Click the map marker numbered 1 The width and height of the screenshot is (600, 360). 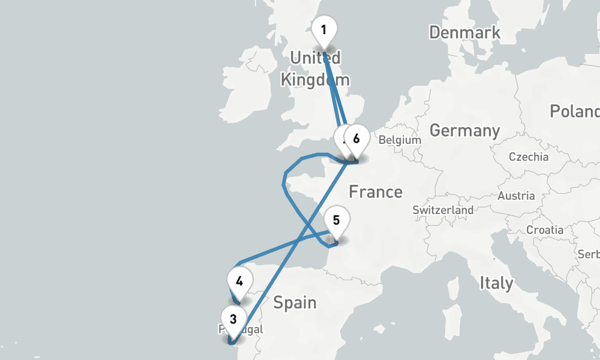(x=324, y=30)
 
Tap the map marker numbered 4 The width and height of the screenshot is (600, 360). (x=239, y=281)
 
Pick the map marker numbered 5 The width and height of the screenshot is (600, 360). (x=336, y=220)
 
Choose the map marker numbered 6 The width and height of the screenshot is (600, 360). (x=356, y=139)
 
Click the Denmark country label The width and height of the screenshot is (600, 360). (x=464, y=32)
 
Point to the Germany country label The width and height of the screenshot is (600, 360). (x=464, y=130)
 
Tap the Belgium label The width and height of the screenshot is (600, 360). (x=400, y=140)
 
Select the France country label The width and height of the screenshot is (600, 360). (x=376, y=192)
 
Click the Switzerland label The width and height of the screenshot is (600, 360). (x=443, y=211)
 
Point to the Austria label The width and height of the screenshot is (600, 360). (x=516, y=196)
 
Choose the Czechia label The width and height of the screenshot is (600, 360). (x=528, y=157)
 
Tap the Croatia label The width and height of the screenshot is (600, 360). (x=544, y=230)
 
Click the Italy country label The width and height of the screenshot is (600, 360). (x=496, y=283)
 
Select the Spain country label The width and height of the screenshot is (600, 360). (x=295, y=302)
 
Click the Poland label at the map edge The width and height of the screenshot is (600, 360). (x=576, y=112)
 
